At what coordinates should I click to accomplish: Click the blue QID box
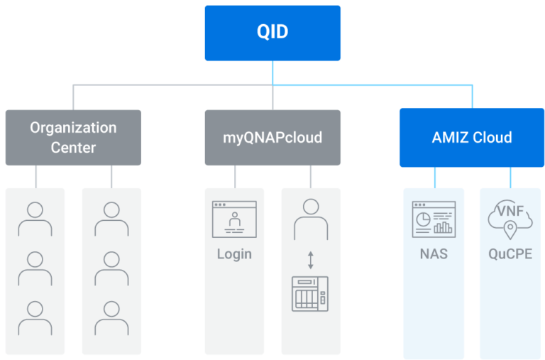click(272, 33)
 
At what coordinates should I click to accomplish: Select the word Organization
click(73, 128)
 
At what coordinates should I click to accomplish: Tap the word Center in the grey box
click(73, 148)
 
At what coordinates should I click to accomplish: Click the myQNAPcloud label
click(272, 137)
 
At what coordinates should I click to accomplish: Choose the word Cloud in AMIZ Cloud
click(492, 137)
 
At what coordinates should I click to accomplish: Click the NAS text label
click(434, 253)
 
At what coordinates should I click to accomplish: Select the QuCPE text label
click(510, 254)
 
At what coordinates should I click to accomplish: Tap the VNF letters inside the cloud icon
click(510, 212)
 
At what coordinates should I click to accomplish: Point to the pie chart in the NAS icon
click(424, 220)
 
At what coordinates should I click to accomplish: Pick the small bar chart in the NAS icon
click(444, 227)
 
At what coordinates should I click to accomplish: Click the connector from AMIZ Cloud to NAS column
click(434, 178)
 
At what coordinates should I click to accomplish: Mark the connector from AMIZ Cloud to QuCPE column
click(510, 178)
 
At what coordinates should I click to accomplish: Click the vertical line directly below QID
click(272, 72)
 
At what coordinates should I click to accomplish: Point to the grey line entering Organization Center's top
click(73, 98)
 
